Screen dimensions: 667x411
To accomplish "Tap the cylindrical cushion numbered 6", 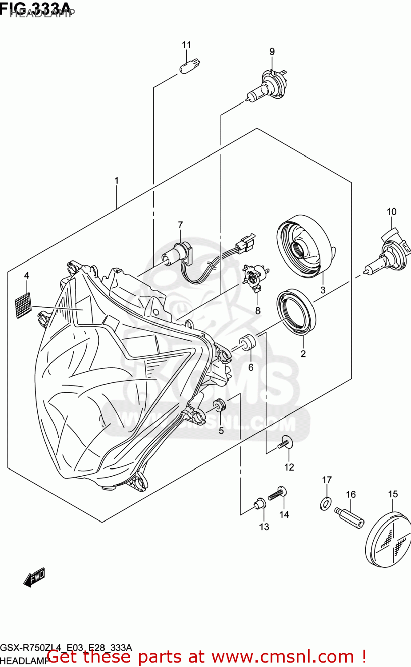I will coord(249,343).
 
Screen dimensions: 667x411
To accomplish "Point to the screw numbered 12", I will coord(285,443).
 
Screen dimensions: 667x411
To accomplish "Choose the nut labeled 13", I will coord(259,504).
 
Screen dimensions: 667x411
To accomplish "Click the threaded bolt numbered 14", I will coord(278,493).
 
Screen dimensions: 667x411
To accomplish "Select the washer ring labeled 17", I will coord(326,503).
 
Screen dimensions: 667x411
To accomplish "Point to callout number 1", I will coord(116,181).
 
